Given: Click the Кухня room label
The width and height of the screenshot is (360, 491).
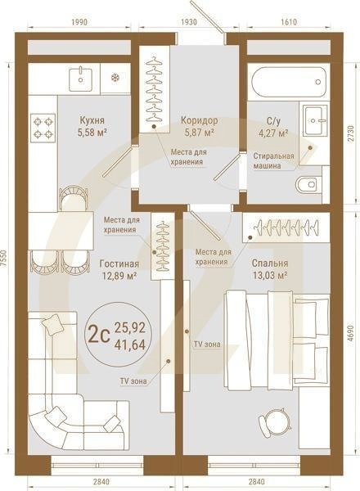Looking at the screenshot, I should click(x=91, y=118).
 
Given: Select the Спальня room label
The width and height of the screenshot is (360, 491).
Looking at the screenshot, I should click(x=269, y=264).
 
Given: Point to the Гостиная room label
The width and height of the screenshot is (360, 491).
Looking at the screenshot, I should click(x=119, y=264).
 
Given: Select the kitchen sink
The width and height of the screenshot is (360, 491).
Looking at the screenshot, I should click(x=80, y=79).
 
